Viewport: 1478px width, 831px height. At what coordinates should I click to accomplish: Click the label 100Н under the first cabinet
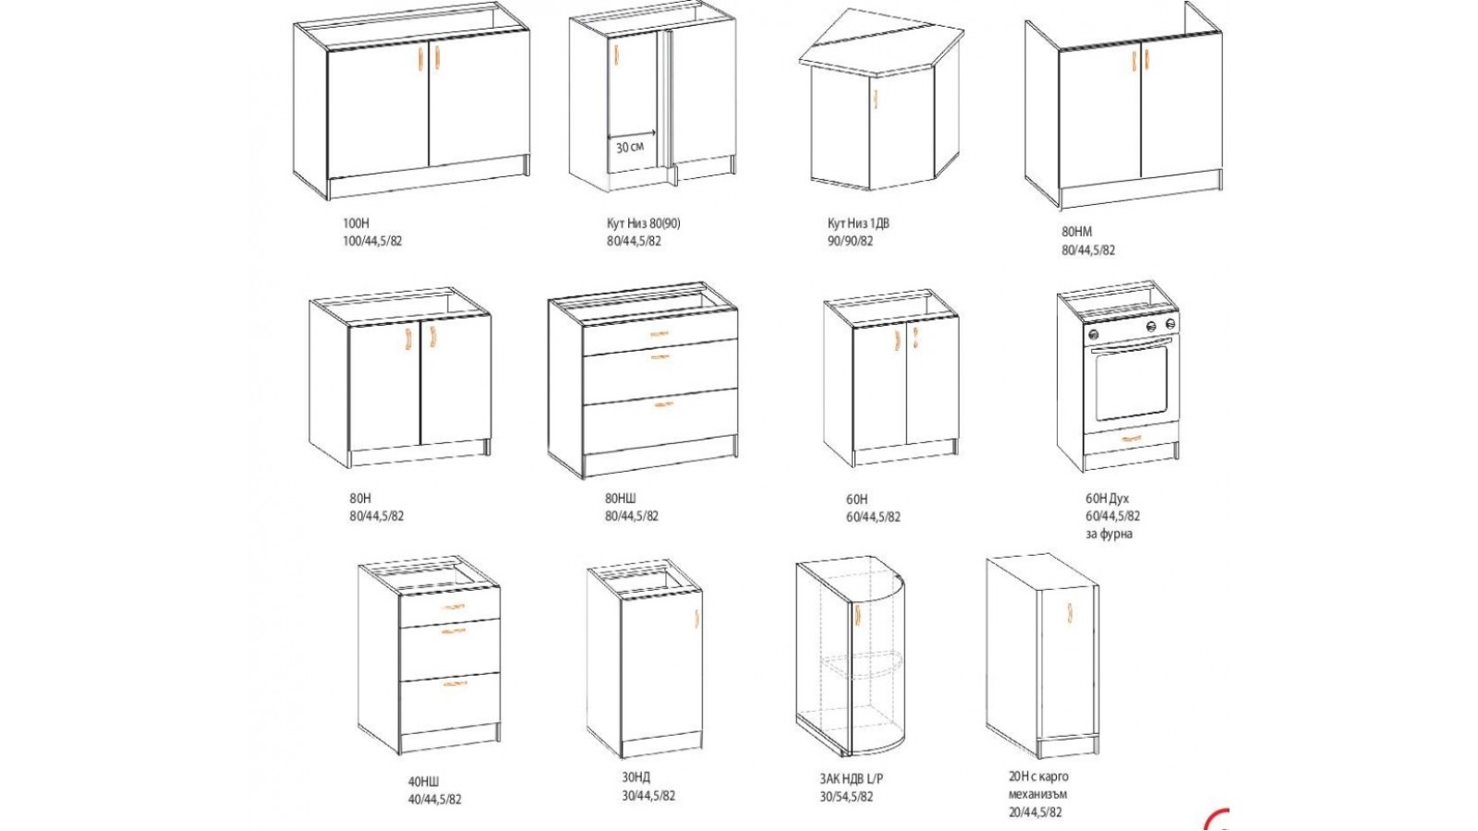[356, 223]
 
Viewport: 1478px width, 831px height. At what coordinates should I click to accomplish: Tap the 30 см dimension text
[630, 147]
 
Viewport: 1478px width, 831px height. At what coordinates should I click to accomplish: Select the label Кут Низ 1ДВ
[858, 223]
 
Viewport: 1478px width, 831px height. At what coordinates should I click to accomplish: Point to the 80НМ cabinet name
[1077, 232]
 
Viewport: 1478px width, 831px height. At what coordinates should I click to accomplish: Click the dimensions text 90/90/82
[851, 241]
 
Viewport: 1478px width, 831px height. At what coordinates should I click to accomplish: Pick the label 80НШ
[621, 499]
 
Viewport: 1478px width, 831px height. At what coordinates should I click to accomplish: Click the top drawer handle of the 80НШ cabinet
[660, 333]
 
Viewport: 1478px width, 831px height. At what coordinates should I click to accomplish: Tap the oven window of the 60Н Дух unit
[1131, 382]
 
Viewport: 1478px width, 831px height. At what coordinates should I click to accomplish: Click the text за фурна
[1109, 535]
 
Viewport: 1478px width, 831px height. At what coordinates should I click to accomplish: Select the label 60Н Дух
[1108, 499]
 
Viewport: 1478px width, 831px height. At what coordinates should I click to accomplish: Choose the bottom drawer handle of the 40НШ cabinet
[454, 684]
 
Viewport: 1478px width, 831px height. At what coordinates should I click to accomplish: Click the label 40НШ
[424, 782]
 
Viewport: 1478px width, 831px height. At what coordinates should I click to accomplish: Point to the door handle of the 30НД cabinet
[697, 620]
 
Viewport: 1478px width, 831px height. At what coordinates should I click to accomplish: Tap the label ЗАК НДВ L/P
[851, 779]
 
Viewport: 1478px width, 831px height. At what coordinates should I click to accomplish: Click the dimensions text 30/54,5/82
[846, 797]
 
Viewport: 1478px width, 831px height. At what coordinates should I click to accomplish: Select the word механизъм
[1038, 794]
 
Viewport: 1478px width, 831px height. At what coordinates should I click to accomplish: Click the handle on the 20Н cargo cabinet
[1070, 612]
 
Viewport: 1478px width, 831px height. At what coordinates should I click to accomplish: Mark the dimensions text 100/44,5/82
[372, 241]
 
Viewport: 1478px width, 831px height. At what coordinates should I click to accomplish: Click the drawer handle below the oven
[1132, 438]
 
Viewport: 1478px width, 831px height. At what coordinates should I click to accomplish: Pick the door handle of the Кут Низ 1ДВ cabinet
[876, 99]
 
